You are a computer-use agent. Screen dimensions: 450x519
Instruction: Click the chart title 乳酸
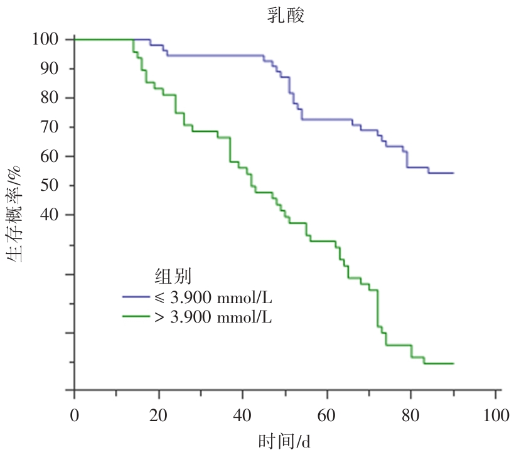pyautogui.click(x=286, y=16)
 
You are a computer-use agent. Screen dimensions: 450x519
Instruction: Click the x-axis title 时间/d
pyautogui.click(x=286, y=440)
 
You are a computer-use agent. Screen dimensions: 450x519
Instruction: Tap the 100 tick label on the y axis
pyautogui.click(x=45, y=40)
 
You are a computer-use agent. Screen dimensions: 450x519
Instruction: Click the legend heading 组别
pyautogui.click(x=173, y=277)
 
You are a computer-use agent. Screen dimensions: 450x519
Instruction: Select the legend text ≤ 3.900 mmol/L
pyautogui.click(x=213, y=296)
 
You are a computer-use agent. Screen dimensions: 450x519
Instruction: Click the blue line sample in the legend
pyautogui.click(x=136, y=296)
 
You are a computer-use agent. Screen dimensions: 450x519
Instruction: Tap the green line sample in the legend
pyautogui.click(x=136, y=316)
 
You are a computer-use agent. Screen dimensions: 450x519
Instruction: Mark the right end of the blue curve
pyautogui.click(x=453, y=173)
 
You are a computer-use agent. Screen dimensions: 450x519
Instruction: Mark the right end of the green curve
pyautogui.click(x=453, y=363)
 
